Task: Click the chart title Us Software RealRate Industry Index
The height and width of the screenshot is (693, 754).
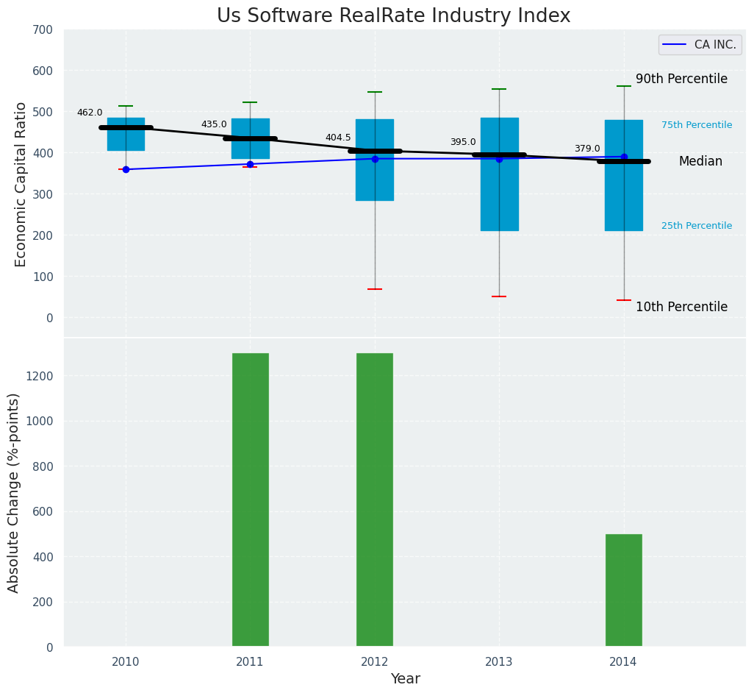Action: click(x=393, y=16)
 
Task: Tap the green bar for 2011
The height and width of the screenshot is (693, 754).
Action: click(x=250, y=500)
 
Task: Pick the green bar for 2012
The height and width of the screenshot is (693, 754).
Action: click(x=375, y=500)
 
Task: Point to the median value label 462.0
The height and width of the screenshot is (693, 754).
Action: click(x=90, y=113)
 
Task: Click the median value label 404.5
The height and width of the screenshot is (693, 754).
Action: click(x=338, y=138)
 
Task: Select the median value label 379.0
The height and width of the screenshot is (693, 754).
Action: click(x=587, y=149)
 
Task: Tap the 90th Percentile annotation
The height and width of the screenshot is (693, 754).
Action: click(x=681, y=79)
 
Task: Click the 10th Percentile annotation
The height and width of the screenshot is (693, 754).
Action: click(x=681, y=308)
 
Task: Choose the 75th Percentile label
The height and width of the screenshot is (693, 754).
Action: click(x=696, y=126)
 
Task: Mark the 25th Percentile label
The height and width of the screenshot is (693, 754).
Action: click(x=696, y=227)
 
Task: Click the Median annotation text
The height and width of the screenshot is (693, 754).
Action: click(x=700, y=162)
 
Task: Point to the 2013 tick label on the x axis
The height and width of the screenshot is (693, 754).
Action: click(x=499, y=663)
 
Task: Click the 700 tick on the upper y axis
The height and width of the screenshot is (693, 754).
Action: click(x=43, y=30)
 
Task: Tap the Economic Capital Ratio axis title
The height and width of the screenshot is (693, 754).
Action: click(x=21, y=184)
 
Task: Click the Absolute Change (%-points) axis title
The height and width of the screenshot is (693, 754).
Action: click(x=14, y=492)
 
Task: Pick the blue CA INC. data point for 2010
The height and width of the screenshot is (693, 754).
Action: click(x=126, y=170)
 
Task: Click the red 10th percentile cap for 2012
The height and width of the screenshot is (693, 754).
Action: click(x=375, y=289)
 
